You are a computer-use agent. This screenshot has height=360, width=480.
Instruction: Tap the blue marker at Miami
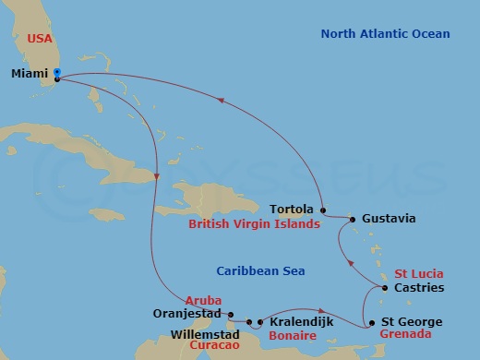[x=57, y=72]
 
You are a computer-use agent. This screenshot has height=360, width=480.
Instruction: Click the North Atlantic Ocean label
[x=385, y=34]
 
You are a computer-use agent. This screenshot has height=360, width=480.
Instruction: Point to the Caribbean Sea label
[x=260, y=270]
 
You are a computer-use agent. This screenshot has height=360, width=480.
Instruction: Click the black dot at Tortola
[x=321, y=210]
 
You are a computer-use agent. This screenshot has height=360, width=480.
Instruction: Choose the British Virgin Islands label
[x=254, y=224]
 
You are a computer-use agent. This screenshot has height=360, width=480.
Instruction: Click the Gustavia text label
[x=390, y=219]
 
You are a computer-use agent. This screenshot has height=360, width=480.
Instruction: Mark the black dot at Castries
[x=385, y=288]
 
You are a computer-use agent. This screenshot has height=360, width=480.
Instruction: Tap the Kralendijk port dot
[x=260, y=322]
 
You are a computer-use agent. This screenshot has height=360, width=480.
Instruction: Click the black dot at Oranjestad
[x=230, y=313]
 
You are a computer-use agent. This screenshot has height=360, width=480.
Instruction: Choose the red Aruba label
[x=204, y=300]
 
